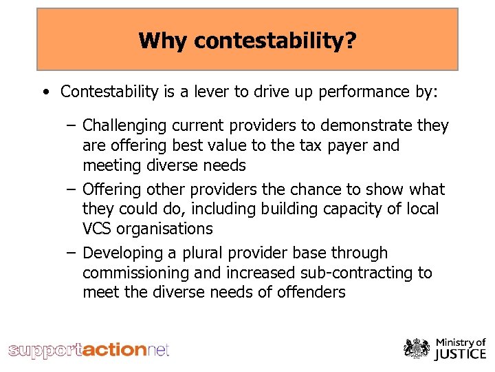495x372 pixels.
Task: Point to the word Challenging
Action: (x=124, y=126)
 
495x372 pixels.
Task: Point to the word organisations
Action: (x=167, y=228)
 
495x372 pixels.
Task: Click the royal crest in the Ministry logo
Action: (x=417, y=349)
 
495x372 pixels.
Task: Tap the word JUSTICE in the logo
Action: (x=460, y=355)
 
